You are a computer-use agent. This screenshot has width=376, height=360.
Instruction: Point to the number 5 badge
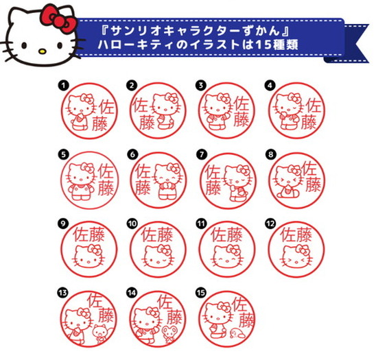63,154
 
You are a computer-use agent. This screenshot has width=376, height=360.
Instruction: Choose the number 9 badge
63,223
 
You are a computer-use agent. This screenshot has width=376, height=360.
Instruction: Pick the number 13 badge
63,291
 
